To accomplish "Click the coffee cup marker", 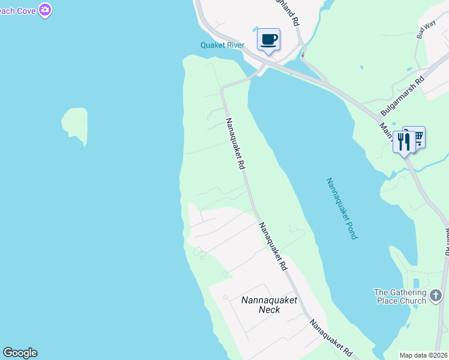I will pyautogui.click(x=268, y=40).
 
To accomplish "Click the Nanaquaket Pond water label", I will pyautogui.click(x=342, y=208).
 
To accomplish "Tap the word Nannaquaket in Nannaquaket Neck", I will pyautogui.click(x=269, y=300).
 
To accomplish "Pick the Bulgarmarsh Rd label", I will pyautogui.click(x=402, y=96).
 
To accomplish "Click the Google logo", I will pyautogui.click(x=20, y=353).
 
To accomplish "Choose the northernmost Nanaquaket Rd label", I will pyautogui.click(x=235, y=143).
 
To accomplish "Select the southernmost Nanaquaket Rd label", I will pyautogui.click(x=330, y=338).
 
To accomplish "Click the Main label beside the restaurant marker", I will pyautogui.click(x=385, y=130).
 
